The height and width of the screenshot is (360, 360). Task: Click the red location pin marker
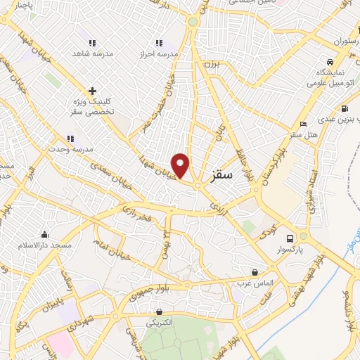click(181, 165)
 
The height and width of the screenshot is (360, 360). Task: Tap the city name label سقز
click(220, 174)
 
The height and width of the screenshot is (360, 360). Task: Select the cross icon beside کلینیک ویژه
click(91, 91)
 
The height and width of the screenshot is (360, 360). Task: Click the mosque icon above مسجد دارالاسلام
click(46, 234)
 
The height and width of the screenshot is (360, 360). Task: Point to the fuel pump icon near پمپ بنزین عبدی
click(344, 108)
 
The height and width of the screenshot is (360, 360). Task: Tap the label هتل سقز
click(304, 134)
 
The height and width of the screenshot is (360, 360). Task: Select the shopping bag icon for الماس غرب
click(255, 271)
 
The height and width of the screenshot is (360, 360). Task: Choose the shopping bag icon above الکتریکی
click(160, 312)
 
